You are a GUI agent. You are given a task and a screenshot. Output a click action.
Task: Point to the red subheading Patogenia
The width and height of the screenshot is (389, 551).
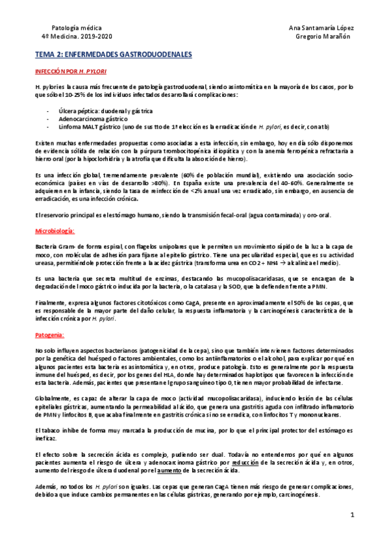click(50, 335)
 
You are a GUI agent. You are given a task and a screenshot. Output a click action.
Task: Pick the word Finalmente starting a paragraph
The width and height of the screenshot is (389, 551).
click(52, 294)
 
